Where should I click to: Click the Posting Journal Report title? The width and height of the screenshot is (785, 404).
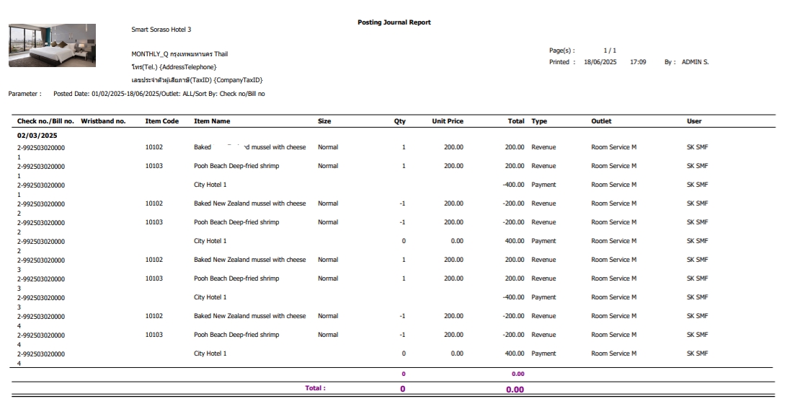394,22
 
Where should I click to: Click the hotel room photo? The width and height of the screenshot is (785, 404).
52,45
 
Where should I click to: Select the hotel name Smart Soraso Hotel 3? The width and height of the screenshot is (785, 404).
161,30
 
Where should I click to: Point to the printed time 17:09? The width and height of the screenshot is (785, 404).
638,62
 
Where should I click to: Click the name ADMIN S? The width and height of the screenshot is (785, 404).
695,62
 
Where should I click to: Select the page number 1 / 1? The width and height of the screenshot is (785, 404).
610,50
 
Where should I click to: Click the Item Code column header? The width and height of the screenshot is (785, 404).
161,121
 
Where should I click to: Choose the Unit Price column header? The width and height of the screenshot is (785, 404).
447,121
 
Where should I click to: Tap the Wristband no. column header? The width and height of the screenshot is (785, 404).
103,121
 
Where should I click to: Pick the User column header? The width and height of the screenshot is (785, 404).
693,121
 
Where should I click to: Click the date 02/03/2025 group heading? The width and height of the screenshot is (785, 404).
37,135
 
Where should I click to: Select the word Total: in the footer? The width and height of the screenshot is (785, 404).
315,388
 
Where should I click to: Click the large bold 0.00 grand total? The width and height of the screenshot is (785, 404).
515,390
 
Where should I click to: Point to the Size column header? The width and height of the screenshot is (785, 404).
324,121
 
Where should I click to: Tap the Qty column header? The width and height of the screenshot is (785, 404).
399,121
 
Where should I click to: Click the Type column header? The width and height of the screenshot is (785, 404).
539,121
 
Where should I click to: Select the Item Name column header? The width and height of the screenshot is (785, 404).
212,121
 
